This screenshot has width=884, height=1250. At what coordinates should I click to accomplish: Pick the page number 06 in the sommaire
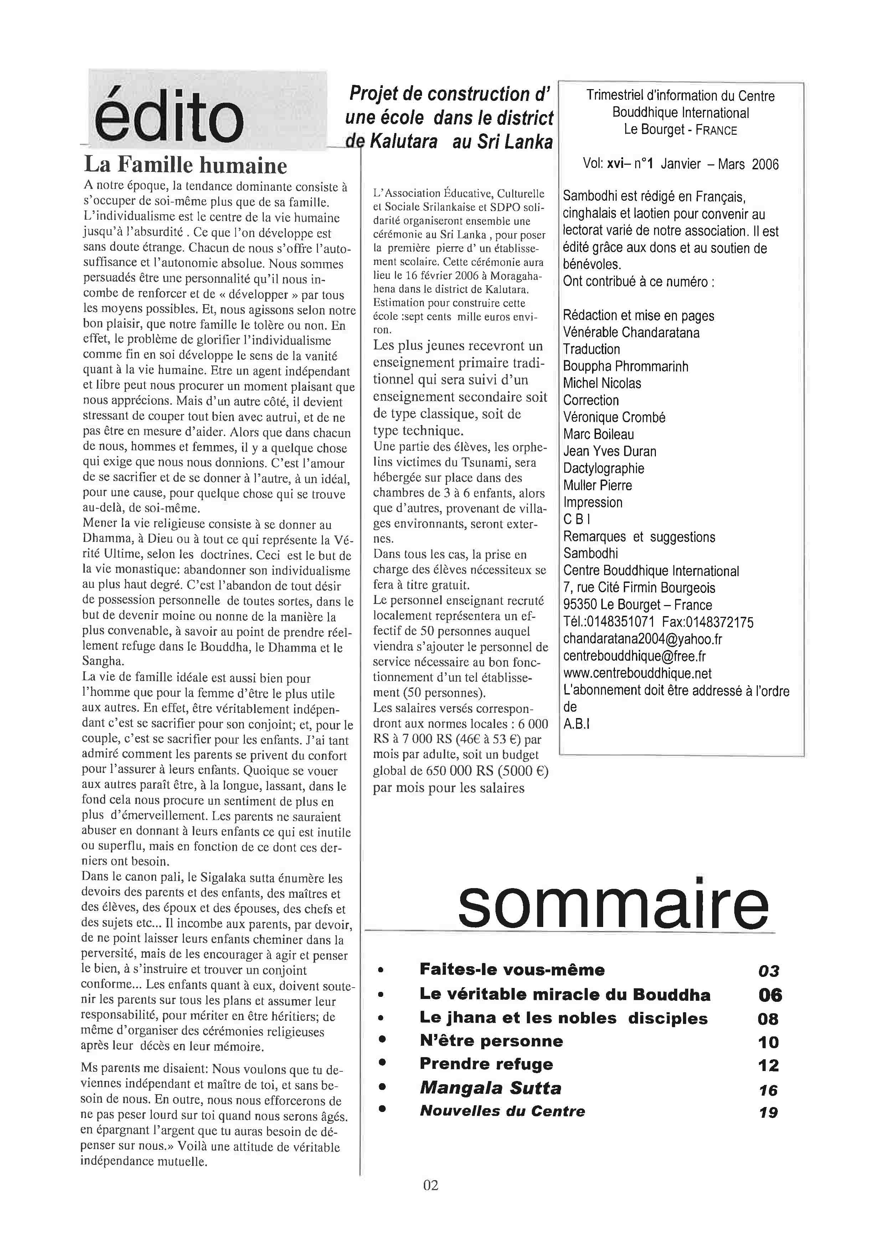(x=770, y=995)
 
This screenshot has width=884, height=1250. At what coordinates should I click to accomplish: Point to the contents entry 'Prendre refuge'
(x=486, y=1064)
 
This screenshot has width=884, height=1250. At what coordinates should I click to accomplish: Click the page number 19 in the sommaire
(x=769, y=1113)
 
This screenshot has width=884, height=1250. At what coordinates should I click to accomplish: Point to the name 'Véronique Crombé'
(x=614, y=417)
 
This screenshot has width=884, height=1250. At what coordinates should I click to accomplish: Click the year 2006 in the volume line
(x=765, y=164)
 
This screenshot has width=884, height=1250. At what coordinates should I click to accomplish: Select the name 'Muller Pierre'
(x=597, y=485)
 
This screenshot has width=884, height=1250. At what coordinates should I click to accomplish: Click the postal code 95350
(x=580, y=605)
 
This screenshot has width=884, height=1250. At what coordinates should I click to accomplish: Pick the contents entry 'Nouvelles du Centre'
(x=502, y=1111)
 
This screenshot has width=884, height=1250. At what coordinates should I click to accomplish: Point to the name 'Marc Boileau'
(x=598, y=435)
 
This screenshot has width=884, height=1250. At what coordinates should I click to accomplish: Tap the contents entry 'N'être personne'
(x=491, y=1041)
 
